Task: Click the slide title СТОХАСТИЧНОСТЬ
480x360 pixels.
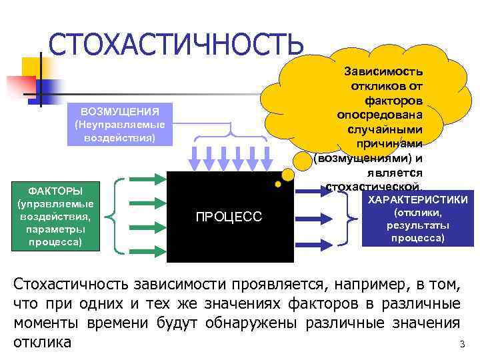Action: point(176,45)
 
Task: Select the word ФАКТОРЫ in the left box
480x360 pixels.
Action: point(55,191)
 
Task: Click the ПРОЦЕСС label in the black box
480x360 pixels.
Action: point(229,216)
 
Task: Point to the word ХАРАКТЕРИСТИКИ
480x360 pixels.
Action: point(418,201)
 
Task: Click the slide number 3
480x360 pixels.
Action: point(461,345)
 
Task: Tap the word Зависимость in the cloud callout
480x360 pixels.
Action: point(383,71)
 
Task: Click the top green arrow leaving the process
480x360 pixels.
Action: point(317,189)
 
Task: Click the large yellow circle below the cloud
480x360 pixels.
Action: point(287,175)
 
